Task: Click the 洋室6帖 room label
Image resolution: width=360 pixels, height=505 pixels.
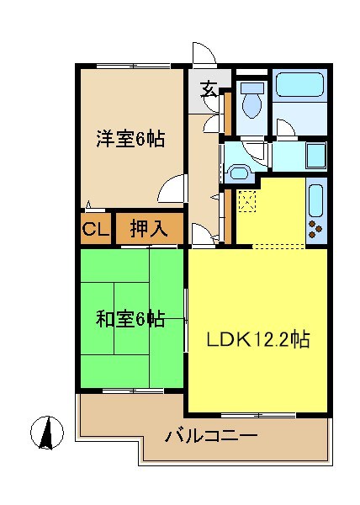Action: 130,139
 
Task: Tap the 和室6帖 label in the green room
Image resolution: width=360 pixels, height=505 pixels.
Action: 130,319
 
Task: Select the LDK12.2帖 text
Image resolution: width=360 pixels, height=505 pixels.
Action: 258,339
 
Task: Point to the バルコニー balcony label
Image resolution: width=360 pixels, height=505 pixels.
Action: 211,436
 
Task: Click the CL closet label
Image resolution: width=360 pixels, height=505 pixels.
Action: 96,229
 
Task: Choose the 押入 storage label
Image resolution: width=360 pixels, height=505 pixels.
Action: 149,229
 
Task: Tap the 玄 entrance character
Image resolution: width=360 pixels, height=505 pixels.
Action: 209,90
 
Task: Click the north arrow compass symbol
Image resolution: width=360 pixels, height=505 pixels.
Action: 47,433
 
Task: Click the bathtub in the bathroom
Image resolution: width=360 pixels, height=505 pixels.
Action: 299,84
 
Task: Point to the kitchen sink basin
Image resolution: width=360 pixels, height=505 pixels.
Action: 315,201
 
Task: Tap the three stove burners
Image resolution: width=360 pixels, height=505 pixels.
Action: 315,229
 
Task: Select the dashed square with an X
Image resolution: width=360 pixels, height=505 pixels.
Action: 247,201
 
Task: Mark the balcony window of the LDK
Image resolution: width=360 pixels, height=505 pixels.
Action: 259,416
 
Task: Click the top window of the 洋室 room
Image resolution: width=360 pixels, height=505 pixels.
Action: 133,66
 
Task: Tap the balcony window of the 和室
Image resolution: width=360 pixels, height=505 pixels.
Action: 133,391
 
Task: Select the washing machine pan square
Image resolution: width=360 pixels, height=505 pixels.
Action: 315,156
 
